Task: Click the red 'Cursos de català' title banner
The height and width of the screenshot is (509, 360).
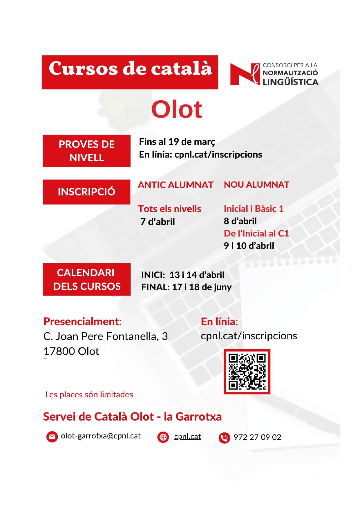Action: [x=130, y=72]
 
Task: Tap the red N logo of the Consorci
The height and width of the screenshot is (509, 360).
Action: [x=244, y=75]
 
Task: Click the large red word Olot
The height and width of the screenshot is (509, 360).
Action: [x=177, y=109]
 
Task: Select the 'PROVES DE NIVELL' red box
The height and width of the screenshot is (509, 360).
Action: [x=86, y=151]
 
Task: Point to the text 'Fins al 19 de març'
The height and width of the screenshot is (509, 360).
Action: [x=177, y=142]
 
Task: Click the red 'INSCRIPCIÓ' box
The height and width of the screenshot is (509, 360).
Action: [x=86, y=192]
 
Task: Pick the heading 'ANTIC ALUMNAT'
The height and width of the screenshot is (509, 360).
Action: [x=176, y=185]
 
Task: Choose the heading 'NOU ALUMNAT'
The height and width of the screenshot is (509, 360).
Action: [x=256, y=185]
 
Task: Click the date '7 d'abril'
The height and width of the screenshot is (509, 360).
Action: [x=158, y=222]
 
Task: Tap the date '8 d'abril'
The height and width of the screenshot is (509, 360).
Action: [x=240, y=221]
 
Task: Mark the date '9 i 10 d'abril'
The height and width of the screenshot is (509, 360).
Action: [x=249, y=246]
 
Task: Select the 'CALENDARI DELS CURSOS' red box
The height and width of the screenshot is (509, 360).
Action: [x=87, y=279]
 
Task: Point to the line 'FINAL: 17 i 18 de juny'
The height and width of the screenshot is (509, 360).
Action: [x=186, y=287]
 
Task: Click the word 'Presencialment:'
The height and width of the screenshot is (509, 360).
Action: [x=82, y=321]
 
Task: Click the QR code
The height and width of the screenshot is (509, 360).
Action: [x=247, y=372]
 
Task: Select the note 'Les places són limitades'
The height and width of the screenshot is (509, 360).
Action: [x=89, y=394]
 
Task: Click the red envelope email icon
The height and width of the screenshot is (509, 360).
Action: [x=52, y=437]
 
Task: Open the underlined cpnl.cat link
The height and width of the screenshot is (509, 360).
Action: [x=187, y=436]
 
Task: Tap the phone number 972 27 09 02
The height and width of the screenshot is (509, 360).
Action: [x=257, y=437]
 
